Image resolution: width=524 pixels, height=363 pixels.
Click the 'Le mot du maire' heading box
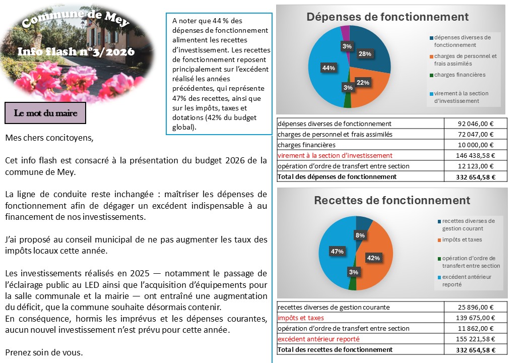[x=45, y=113]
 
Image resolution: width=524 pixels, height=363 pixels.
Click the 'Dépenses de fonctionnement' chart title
[x=387, y=17]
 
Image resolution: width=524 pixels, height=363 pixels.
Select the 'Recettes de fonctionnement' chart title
[x=392, y=200]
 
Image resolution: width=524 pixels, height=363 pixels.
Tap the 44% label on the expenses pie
[x=329, y=68]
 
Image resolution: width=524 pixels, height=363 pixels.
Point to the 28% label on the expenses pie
[x=365, y=54]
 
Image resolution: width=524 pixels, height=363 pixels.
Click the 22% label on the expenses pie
[x=363, y=82]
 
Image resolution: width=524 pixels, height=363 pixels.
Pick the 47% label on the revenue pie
[x=337, y=251]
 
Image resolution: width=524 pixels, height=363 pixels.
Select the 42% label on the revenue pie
[x=373, y=258]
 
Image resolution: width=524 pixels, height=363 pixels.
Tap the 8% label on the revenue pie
[x=360, y=235]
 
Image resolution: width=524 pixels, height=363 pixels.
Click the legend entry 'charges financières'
[x=460, y=75]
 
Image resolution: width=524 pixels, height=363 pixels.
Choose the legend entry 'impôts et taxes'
[x=462, y=239]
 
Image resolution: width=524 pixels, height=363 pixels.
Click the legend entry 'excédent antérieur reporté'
[x=466, y=280]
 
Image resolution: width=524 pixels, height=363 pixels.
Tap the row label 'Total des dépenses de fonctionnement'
[x=337, y=176]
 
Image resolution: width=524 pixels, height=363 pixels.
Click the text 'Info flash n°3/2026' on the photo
[x=76, y=51]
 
